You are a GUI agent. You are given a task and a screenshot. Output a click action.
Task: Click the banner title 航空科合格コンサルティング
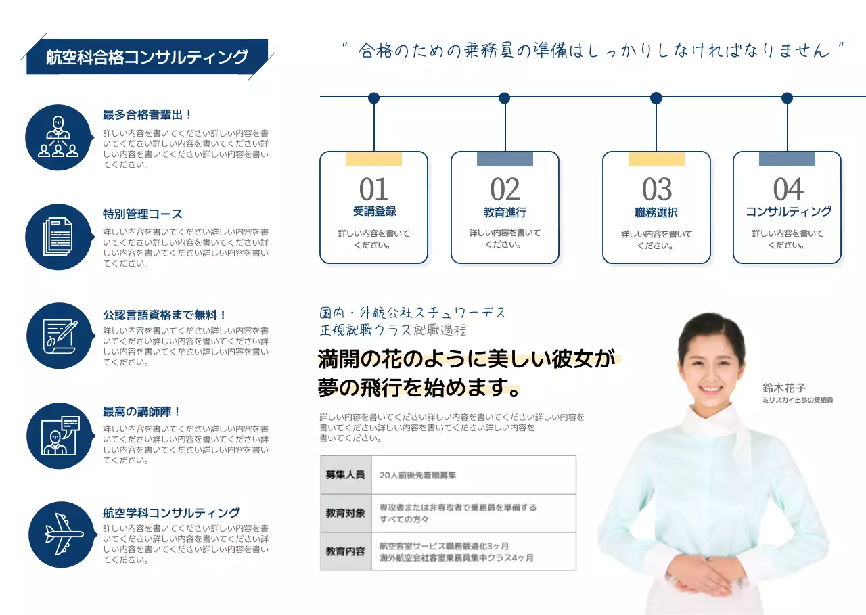147,58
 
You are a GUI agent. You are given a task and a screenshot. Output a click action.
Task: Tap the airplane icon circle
62,534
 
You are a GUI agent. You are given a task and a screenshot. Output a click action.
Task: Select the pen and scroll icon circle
60,336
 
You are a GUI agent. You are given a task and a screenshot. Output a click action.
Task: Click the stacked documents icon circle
59,237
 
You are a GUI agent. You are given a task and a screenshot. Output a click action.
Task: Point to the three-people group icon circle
58,137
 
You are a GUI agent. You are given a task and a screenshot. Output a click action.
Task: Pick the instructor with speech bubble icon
60,436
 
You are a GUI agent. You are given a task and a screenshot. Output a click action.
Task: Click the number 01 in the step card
374,189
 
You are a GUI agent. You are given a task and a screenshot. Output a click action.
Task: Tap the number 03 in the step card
657,189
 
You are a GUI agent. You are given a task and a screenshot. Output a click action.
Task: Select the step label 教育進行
505,212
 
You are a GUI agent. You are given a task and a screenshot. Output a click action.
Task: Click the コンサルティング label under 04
788,212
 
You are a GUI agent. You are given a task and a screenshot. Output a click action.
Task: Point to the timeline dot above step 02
504,98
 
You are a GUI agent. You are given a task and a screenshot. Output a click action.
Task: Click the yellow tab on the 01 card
373,160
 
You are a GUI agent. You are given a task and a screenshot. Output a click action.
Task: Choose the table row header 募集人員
345,475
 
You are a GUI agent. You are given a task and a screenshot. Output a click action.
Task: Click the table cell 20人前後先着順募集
418,475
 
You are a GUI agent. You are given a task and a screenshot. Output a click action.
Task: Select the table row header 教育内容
345,551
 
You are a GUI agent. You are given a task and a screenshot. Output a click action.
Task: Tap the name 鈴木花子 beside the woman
784,388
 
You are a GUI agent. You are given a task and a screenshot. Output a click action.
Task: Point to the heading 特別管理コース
143,214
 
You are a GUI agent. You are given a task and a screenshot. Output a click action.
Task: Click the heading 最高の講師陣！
142,412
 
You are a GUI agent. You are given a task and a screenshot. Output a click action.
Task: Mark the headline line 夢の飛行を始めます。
419,389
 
